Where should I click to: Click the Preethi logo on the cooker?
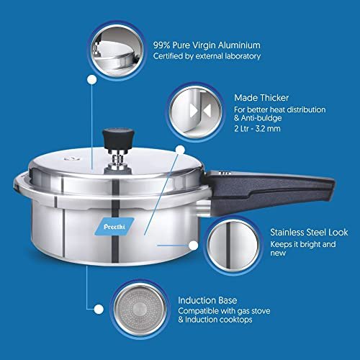click(114, 227)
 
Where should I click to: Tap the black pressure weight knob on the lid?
click(118, 139)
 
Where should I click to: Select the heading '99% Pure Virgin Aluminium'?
click(207, 45)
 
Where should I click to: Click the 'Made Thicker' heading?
click(261, 98)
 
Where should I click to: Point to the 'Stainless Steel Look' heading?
click(309, 233)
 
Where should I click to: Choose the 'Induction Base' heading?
click(207, 300)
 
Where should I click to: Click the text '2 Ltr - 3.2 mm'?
click(257, 129)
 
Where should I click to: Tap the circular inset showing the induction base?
click(140, 309)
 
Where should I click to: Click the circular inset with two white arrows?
click(196, 112)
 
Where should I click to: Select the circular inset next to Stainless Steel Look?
click(233, 246)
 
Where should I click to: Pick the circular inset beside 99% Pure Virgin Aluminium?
click(117, 51)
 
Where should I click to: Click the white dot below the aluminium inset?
click(91, 80)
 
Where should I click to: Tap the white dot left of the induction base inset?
click(99, 310)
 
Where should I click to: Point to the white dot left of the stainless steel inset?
click(193, 246)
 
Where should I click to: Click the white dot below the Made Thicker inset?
click(180, 150)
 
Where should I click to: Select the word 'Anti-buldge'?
click(261, 118)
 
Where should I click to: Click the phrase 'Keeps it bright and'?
click(303, 244)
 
